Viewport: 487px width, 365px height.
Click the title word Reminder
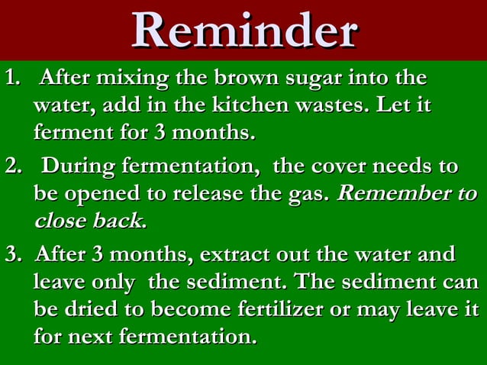point(243,31)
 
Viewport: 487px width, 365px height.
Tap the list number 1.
point(11,79)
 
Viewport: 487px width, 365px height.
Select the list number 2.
point(11,166)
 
